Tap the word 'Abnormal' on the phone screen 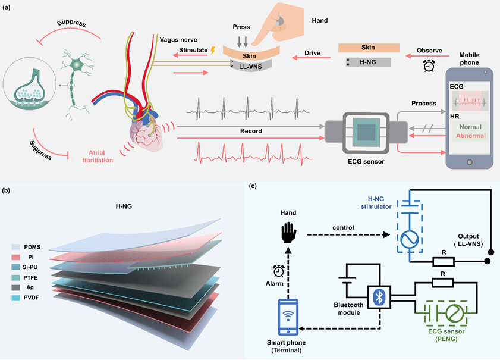point(470,136)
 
